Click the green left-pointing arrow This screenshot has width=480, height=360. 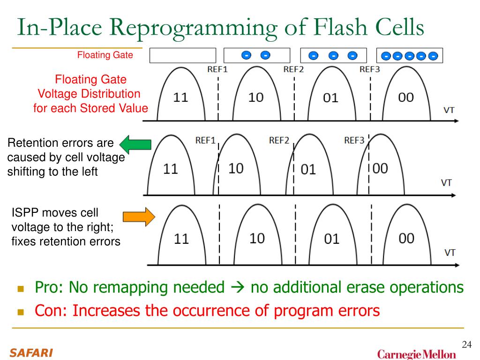135,143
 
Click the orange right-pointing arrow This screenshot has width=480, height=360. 138,217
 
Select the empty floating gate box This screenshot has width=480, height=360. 183,55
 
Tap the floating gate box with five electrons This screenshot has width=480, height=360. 410,56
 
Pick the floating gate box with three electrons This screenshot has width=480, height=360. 333,55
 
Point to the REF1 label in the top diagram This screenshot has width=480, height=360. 217,69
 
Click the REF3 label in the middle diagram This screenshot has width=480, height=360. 354,140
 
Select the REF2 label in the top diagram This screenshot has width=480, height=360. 294,69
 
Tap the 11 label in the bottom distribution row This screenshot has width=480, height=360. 181,239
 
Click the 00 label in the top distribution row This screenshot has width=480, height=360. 406,97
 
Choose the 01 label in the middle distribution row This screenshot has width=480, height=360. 308,169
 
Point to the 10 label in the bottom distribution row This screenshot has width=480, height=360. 257,239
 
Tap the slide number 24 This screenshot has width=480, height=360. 466,345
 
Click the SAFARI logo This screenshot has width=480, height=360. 31,352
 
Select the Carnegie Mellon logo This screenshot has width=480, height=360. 416,354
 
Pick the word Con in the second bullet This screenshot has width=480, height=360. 49,310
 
